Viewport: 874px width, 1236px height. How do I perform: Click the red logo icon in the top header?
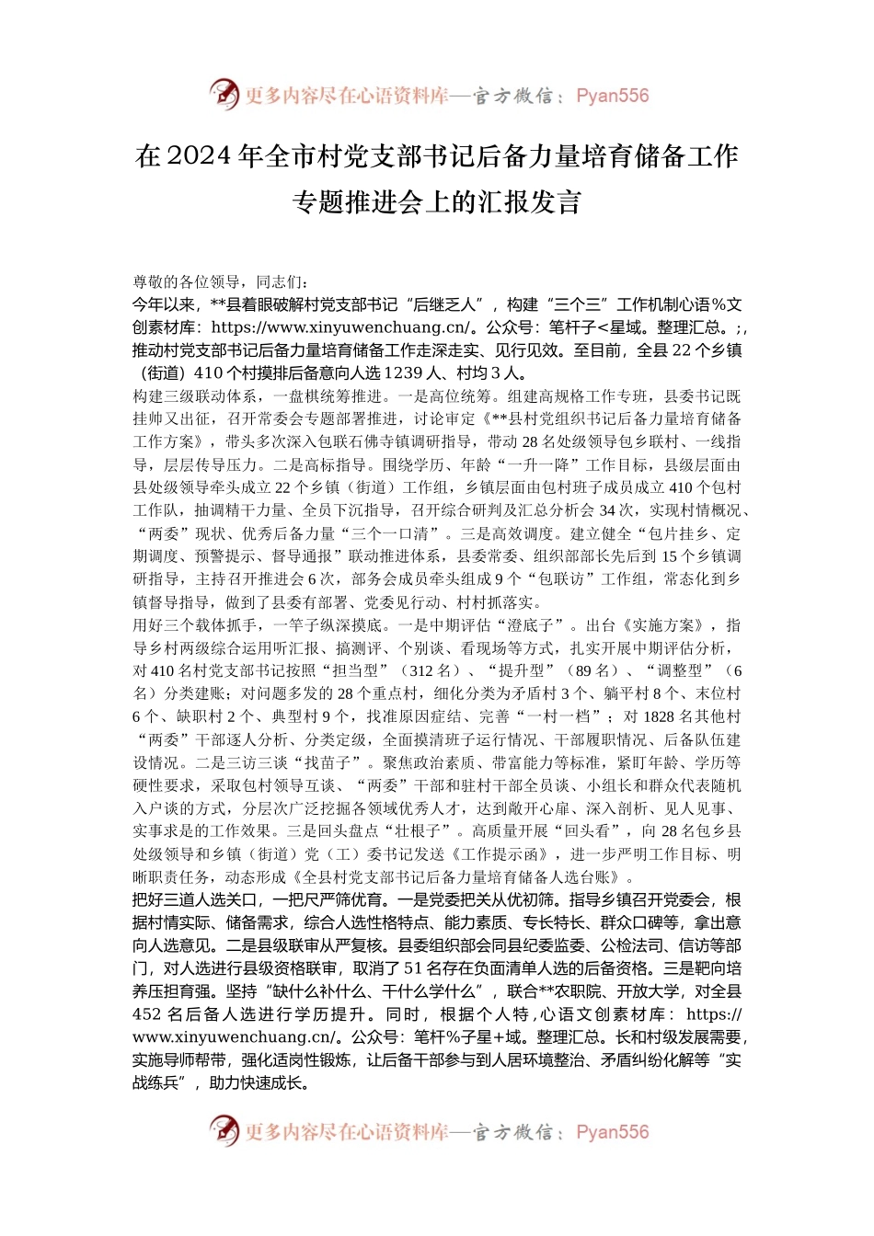tap(224, 95)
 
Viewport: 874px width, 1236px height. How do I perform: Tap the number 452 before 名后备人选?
tap(147, 1014)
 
